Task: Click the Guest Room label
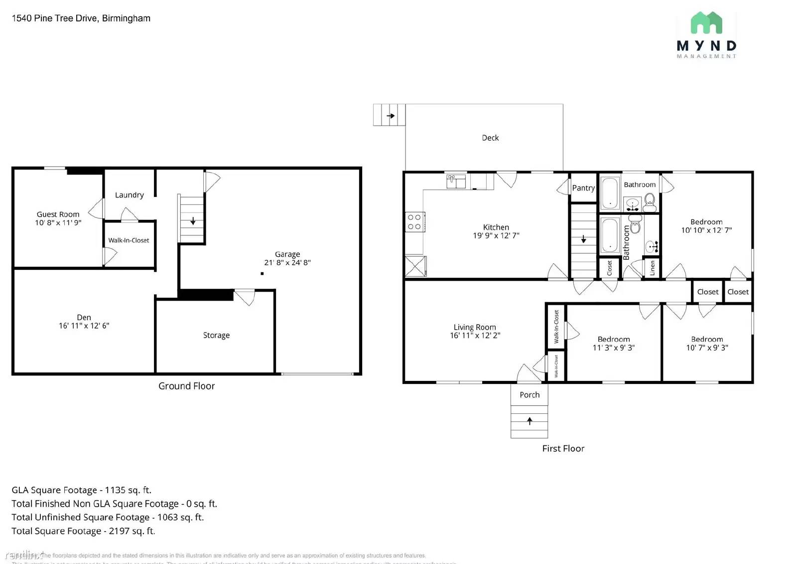58,214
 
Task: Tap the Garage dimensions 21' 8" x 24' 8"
287,263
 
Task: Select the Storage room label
216,335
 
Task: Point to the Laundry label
129,195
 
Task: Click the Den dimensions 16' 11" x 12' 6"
84,326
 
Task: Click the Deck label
490,138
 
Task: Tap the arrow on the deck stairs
391,116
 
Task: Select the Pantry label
583,188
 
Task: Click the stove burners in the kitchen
414,222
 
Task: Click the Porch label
530,395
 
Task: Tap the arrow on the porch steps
530,421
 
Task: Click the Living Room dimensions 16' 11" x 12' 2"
475,336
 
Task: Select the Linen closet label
652,268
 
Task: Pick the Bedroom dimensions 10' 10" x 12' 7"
706,230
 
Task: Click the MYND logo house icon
706,23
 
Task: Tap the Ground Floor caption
186,386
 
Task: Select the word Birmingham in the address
126,18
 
